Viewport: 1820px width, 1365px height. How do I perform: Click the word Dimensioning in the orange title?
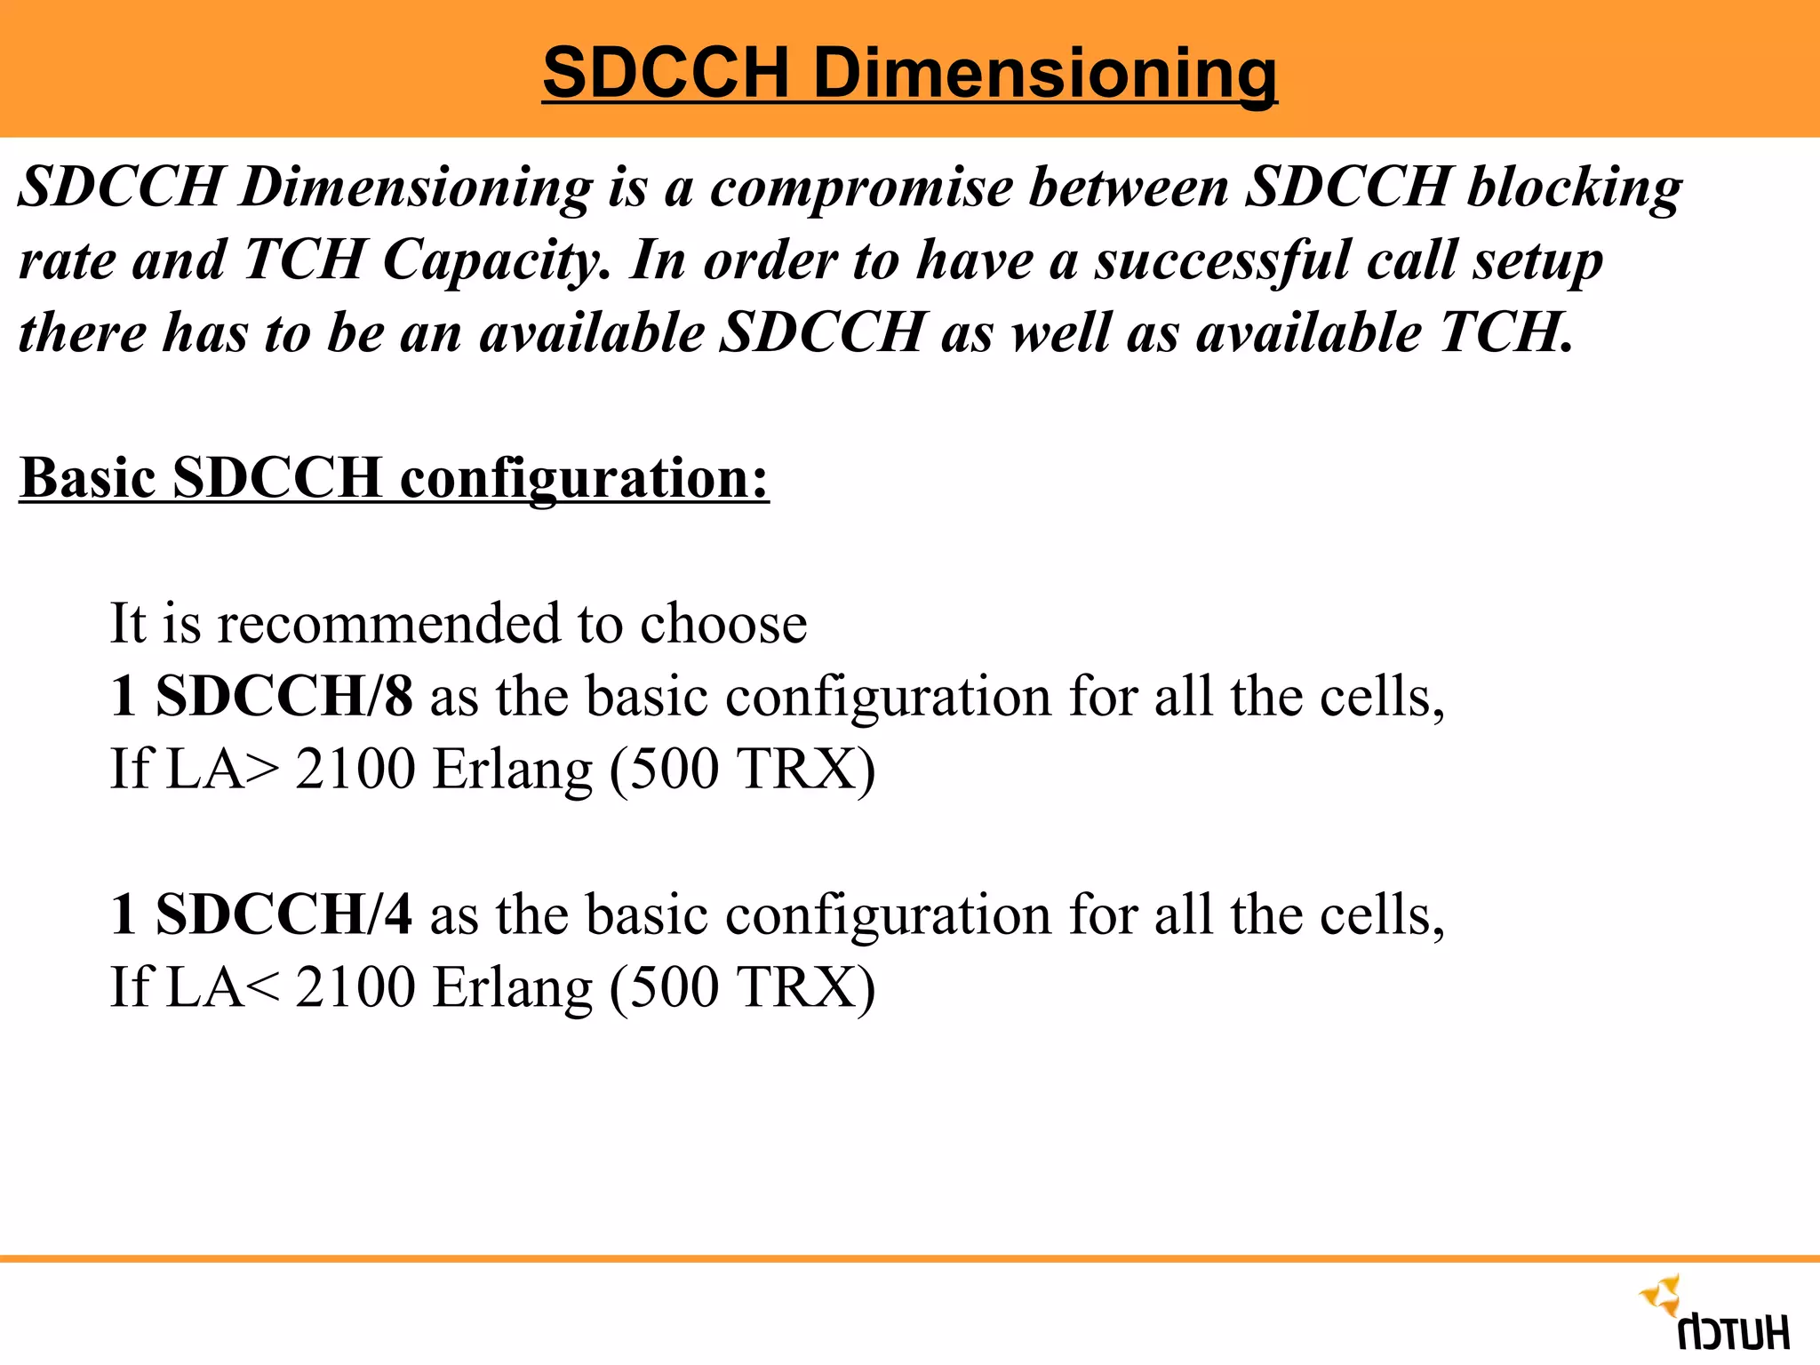(x=1045, y=73)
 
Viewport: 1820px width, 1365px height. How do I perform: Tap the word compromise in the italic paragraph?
(x=860, y=188)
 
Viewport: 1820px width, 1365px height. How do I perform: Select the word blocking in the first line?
(x=1574, y=188)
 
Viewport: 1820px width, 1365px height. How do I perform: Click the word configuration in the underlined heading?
(x=584, y=479)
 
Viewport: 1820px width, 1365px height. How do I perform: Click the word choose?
(x=723, y=623)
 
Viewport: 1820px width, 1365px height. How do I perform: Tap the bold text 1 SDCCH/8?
(x=261, y=696)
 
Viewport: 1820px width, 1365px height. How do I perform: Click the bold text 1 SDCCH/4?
(x=261, y=914)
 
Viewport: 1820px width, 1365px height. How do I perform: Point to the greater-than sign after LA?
(x=262, y=770)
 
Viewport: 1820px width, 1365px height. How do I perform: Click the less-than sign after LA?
(x=262, y=988)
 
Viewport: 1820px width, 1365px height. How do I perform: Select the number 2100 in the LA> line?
(x=355, y=769)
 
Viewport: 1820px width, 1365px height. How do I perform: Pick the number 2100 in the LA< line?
(x=355, y=987)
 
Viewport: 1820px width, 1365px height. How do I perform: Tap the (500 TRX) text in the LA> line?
(x=742, y=770)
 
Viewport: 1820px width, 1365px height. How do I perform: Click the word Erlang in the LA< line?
(x=513, y=988)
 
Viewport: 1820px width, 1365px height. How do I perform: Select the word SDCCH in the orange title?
(x=666, y=73)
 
